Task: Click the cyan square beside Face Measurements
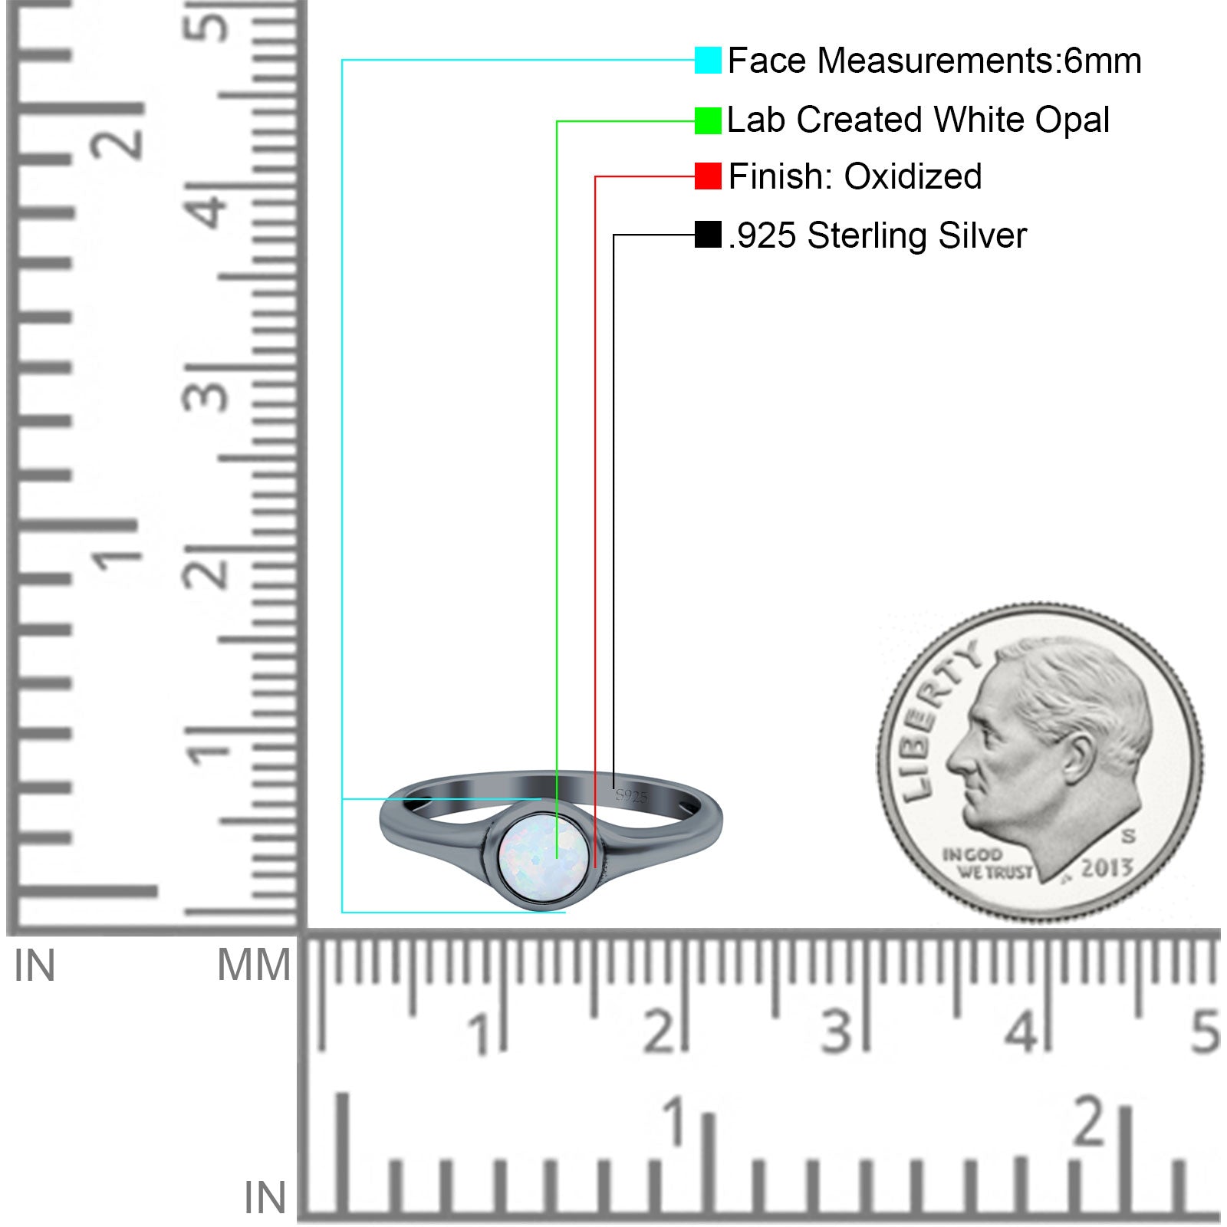click(x=708, y=61)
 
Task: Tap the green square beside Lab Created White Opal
click(x=708, y=120)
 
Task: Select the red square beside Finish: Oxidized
click(x=708, y=176)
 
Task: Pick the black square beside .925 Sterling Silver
click(x=708, y=235)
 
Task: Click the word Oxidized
click(x=913, y=176)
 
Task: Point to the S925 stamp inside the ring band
click(x=631, y=796)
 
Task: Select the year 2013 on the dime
click(x=1107, y=868)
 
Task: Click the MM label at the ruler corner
click(x=254, y=965)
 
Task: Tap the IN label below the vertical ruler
click(x=35, y=965)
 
